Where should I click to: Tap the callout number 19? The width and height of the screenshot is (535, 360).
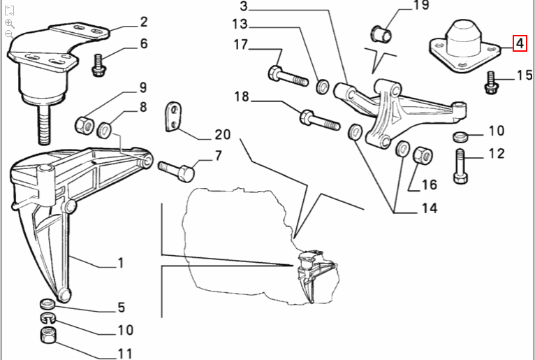click(x=421, y=7)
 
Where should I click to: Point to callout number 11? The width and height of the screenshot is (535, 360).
click(x=124, y=354)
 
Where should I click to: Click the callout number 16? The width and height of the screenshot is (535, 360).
click(x=429, y=185)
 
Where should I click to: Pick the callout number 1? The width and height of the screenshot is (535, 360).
click(x=120, y=263)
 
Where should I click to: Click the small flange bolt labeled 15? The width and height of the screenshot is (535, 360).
click(x=490, y=82)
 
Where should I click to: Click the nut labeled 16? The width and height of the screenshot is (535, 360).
click(x=421, y=154)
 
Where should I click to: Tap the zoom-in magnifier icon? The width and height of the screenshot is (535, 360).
click(x=9, y=22)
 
